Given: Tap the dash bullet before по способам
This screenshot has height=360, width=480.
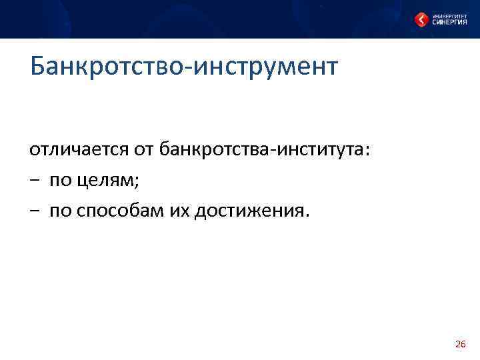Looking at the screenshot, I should [x=34, y=212].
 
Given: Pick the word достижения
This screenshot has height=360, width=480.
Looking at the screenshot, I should [x=249, y=212].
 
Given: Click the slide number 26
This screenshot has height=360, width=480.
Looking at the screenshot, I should [x=460, y=344].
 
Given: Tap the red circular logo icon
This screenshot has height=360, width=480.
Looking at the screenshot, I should [x=421, y=20].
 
